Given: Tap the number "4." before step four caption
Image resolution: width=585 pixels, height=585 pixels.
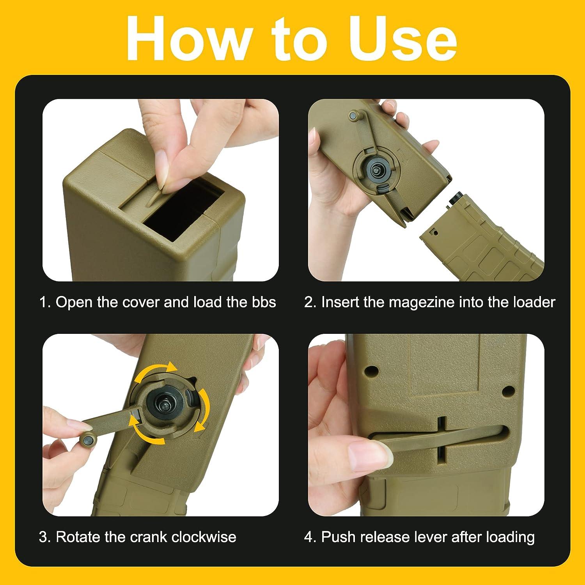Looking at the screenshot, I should point(310,537).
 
